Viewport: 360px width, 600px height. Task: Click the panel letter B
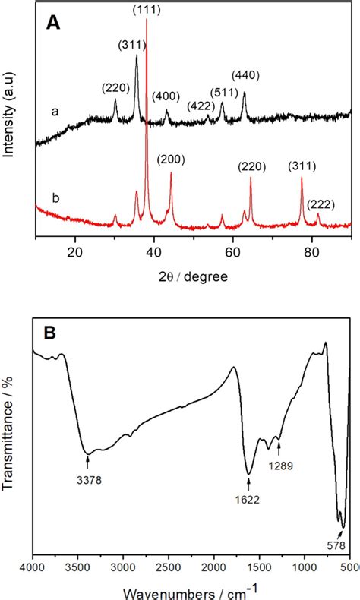coord(52,335)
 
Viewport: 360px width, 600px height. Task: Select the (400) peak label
coord(166,96)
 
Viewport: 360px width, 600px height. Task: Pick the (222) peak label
coord(321,204)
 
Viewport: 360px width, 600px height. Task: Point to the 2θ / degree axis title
coord(193,276)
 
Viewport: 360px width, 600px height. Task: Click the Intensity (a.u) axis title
coord(11,114)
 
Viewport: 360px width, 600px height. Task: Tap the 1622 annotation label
coord(249,500)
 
